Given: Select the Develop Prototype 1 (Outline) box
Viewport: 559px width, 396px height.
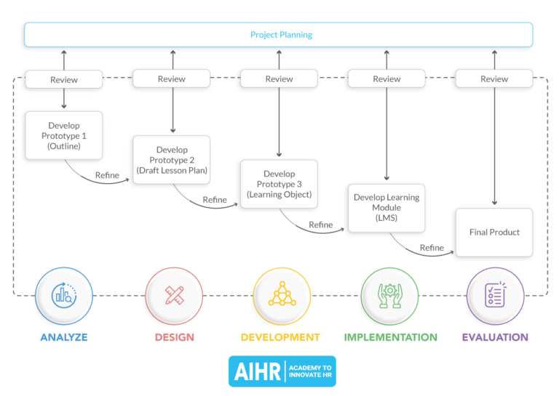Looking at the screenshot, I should [64, 135].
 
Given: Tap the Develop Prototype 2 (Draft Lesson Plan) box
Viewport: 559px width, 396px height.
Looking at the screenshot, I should [172, 160].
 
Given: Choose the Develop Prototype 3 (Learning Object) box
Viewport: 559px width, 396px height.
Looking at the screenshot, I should [279, 184].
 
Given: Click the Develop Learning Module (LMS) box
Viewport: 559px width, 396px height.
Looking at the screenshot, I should [386, 208].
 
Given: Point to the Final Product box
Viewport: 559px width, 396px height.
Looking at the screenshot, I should [494, 233].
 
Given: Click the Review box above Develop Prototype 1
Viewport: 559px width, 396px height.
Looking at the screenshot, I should [64, 79].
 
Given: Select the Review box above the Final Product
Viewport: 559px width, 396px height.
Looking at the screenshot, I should [494, 79].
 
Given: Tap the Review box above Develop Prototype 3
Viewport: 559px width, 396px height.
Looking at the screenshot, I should [279, 79].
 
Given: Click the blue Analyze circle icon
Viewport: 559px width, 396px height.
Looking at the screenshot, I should [64, 295].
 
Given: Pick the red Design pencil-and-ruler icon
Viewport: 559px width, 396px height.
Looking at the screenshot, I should [174, 295].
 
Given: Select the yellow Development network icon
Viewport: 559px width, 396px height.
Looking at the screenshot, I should [280, 295].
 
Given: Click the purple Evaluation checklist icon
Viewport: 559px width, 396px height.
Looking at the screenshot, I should [495, 295].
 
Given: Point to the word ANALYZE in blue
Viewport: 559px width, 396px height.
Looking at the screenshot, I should [64, 337].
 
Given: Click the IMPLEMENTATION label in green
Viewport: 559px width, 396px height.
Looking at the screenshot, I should [390, 337].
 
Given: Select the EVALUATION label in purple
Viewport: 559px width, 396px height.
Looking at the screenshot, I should [495, 337].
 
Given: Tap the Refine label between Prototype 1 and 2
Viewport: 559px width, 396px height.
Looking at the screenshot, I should [107, 175].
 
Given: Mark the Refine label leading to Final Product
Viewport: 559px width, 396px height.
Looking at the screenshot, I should [432, 248].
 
